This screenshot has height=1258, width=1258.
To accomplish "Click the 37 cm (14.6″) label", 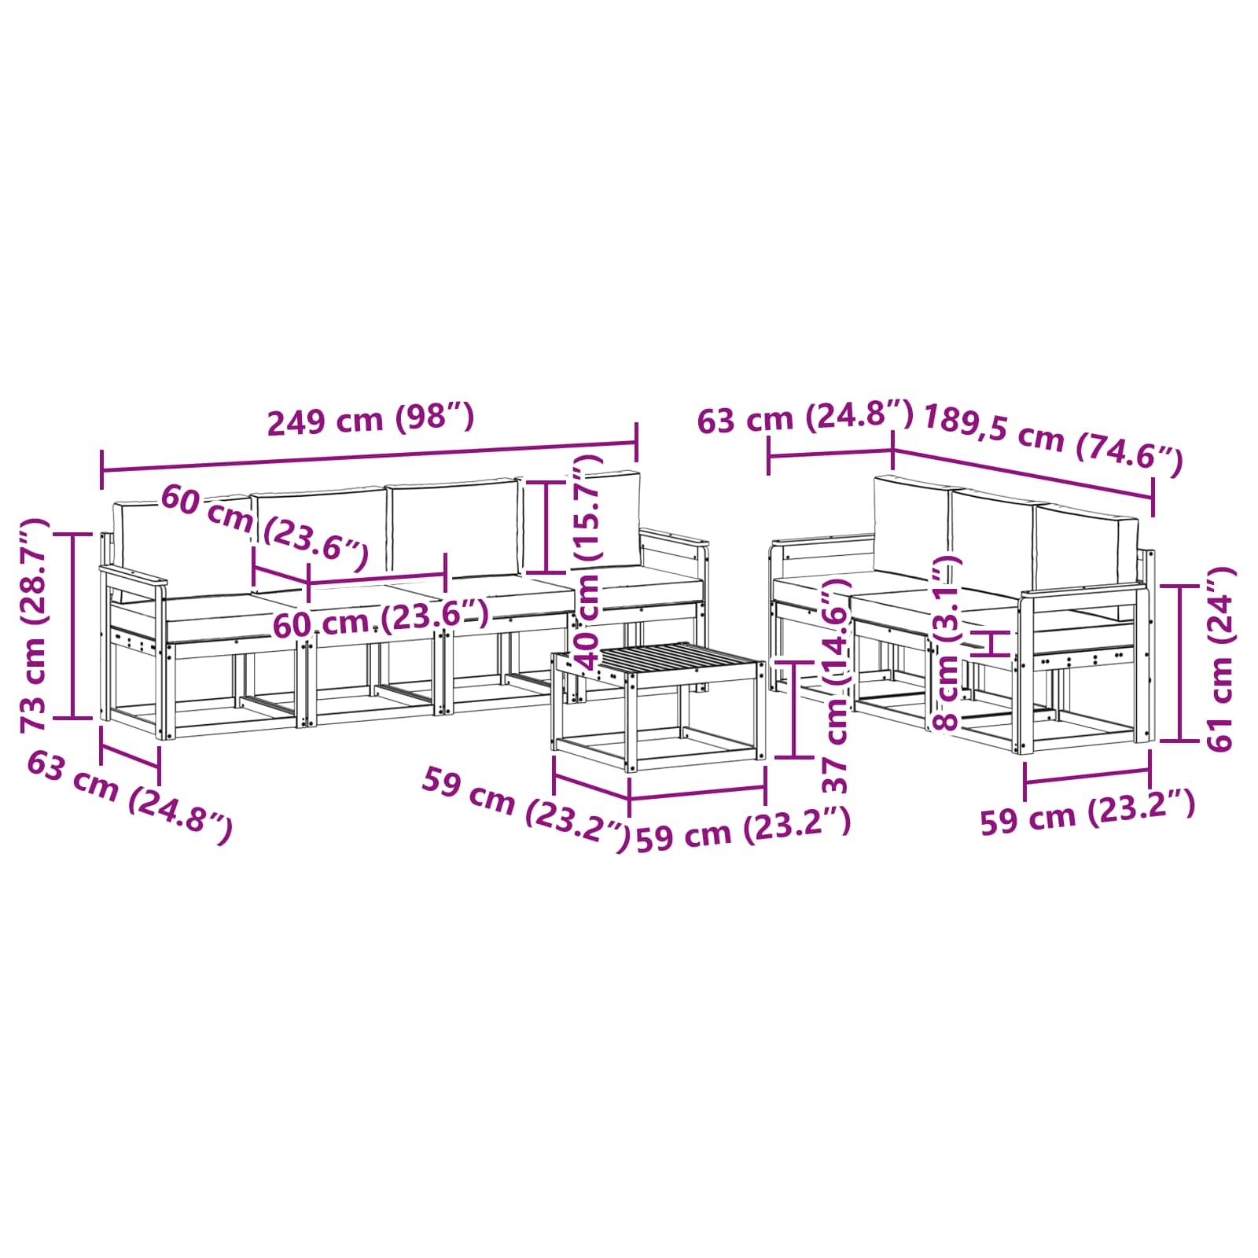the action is pyautogui.click(x=836, y=686).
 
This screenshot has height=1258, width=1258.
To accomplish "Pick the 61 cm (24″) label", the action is pyautogui.click(x=1219, y=658).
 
